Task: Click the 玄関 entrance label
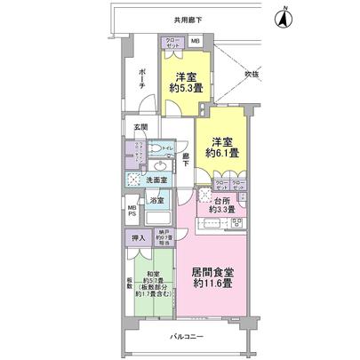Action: pos(140,129)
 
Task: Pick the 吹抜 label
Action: pos(256,74)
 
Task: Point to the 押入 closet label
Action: pos(138,237)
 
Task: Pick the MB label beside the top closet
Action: pos(196,42)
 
